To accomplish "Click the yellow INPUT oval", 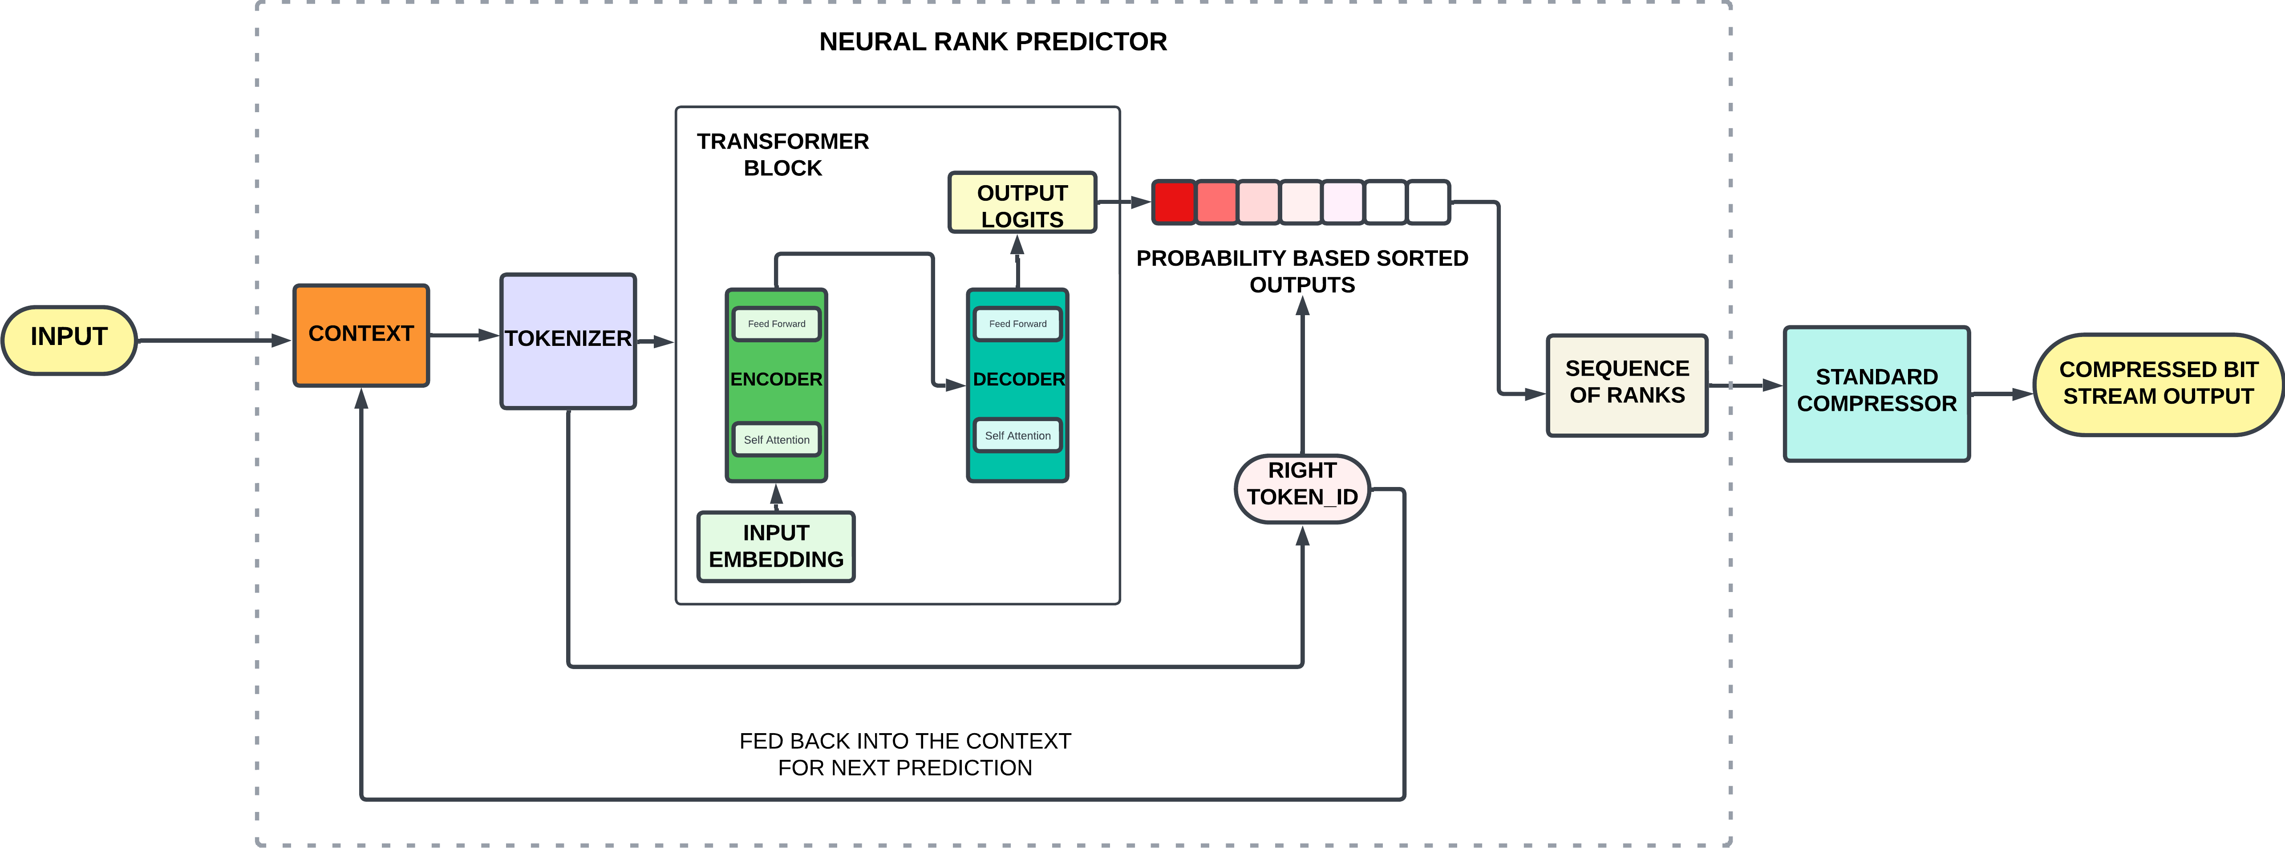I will (69, 340).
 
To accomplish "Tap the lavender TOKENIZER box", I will (568, 341).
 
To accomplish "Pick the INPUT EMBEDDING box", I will (776, 546).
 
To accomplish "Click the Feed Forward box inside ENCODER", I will (776, 324).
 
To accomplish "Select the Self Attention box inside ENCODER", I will (776, 439).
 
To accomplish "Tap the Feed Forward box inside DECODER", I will (1017, 324).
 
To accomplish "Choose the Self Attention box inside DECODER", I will (1017, 435).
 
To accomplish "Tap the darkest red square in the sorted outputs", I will (1174, 202).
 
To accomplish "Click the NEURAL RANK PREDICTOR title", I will (993, 42).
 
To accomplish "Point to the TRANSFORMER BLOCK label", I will (782, 154).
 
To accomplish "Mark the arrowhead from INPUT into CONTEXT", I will (282, 340).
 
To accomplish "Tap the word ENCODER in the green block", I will (776, 379).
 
